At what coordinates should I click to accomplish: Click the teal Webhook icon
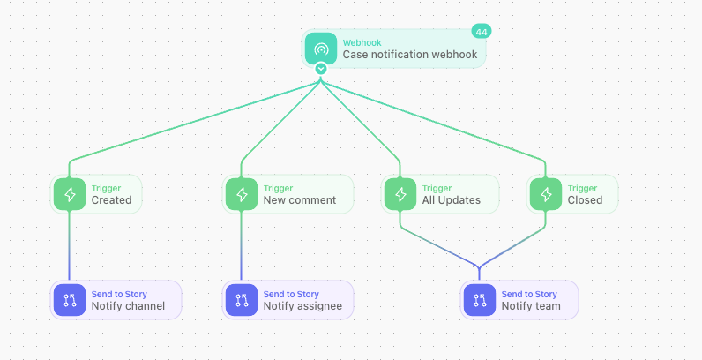[320, 49]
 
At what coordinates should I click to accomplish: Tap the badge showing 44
[482, 32]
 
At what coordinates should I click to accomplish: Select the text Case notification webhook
[410, 55]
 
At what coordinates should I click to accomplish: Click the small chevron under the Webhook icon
[320, 69]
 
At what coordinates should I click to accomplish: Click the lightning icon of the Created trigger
[70, 194]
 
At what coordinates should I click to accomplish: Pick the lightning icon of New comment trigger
[242, 194]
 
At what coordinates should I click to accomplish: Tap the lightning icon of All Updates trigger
[400, 194]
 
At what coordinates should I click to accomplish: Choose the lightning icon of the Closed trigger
[546, 194]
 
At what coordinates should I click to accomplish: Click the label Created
[111, 200]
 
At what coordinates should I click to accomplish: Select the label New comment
[300, 200]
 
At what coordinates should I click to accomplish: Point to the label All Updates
[452, 200]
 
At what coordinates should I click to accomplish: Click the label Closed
[586, 200]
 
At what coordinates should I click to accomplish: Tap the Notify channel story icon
[70, 300]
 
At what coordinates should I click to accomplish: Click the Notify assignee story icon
[242, 300]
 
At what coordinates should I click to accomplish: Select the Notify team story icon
[480, 300]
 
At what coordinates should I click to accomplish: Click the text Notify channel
[128, 306]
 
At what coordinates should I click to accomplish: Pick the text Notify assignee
[302, 306]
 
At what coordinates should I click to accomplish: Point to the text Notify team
[531, 306]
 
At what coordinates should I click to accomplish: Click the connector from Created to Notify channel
[70, 245]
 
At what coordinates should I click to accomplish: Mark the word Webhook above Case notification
[362, 43]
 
